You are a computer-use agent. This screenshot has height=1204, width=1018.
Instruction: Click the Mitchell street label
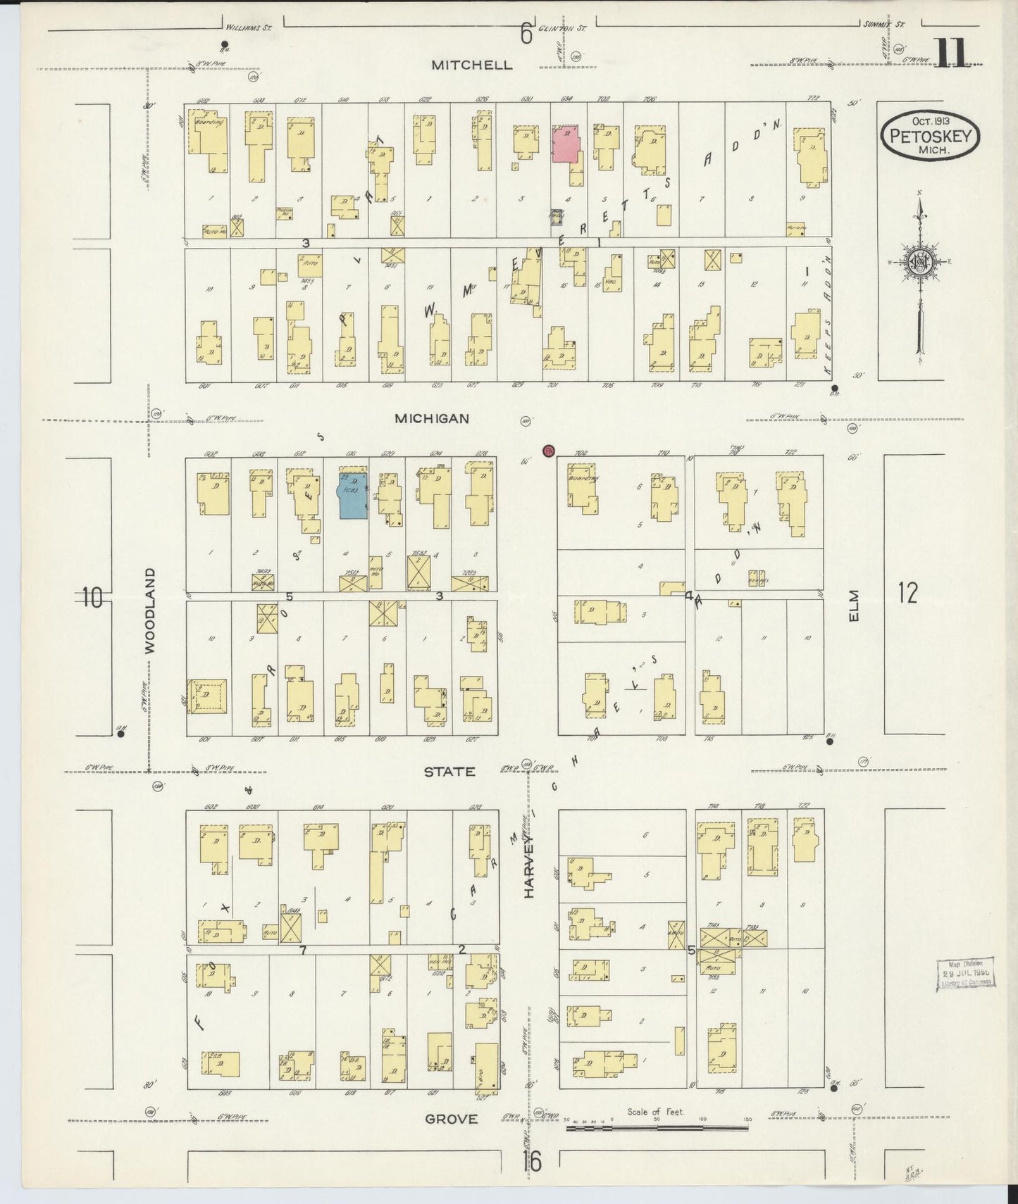click(471, 65)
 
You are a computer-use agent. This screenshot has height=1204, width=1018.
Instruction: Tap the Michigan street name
click(431, 418)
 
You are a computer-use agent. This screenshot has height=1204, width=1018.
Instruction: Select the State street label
click(449, 772)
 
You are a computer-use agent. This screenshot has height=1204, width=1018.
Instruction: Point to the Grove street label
click(451, 1118)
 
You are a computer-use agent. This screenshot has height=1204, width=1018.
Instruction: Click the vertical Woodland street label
click(149, 611)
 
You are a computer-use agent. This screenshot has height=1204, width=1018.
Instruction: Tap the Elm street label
click(855, 606)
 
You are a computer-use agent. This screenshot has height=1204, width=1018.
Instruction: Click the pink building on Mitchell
click(566, 144)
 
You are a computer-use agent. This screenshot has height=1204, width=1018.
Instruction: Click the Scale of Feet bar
click(659, 1128)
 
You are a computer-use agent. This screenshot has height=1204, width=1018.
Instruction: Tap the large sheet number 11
click(955, 54)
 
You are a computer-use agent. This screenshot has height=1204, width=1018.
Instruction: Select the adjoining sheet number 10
click(91, 597)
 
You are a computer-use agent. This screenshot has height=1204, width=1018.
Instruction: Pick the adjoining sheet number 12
click(907, 594)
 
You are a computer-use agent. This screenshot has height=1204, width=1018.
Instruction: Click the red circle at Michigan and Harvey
click(549, 451)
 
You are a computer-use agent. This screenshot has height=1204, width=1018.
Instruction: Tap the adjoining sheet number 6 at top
click(526, 33)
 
